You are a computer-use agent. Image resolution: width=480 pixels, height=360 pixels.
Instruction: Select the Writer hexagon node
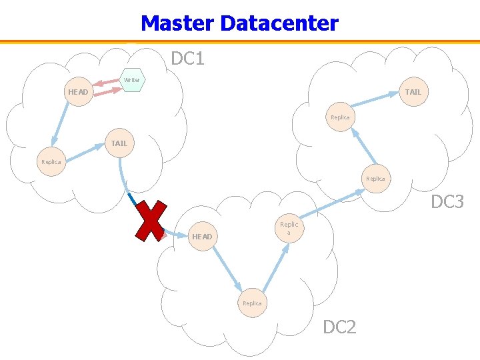132,80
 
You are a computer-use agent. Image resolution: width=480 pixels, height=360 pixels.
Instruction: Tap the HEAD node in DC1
78,92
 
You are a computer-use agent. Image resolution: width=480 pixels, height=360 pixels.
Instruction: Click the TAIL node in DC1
119,143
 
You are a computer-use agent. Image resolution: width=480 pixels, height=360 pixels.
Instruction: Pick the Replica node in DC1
51,162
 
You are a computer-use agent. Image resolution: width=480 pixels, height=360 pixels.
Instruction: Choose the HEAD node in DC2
202,237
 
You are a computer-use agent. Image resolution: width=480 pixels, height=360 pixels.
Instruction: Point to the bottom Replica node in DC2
252,303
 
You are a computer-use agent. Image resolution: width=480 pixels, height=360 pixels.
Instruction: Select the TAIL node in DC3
413,92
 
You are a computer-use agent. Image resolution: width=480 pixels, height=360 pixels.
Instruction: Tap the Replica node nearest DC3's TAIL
340,117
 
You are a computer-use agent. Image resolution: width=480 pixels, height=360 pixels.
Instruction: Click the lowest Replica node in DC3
375,179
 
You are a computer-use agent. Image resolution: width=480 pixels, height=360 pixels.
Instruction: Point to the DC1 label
187,59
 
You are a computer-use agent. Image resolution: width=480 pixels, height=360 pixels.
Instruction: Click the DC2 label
339,327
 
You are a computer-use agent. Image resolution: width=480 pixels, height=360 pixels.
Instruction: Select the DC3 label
447,201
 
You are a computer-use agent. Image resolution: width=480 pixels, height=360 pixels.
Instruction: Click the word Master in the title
177,24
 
